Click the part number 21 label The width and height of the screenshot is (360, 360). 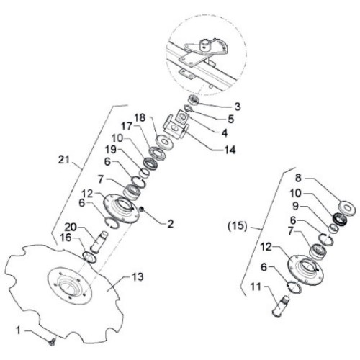tap(63, 160)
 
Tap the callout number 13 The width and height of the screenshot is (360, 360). tap(138, 276)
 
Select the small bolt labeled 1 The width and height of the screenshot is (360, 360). tap(52, 342)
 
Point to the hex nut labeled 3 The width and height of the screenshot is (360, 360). tap(194, 99)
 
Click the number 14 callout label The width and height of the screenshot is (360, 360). tap(229, 150)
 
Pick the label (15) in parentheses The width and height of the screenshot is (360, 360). tap(237, 226)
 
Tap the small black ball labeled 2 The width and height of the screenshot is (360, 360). tap(142, 210)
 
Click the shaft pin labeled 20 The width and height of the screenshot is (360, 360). tap(99, 242)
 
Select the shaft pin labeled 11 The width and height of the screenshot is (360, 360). tap(281, 306)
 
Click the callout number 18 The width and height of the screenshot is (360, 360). tap(140, 118)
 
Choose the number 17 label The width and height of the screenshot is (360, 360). tap(127, 127)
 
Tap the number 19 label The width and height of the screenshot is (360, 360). tap(111, 150)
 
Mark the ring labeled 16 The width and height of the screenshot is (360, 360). tap(90, 257)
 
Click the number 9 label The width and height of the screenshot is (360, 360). tap(295, 207)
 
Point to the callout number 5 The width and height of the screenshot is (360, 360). tap(230, 119)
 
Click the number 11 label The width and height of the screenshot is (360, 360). tap(256, 287)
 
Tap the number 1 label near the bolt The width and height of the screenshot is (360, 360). tap(18, 330)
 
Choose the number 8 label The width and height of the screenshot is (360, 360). tap(298, 178)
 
